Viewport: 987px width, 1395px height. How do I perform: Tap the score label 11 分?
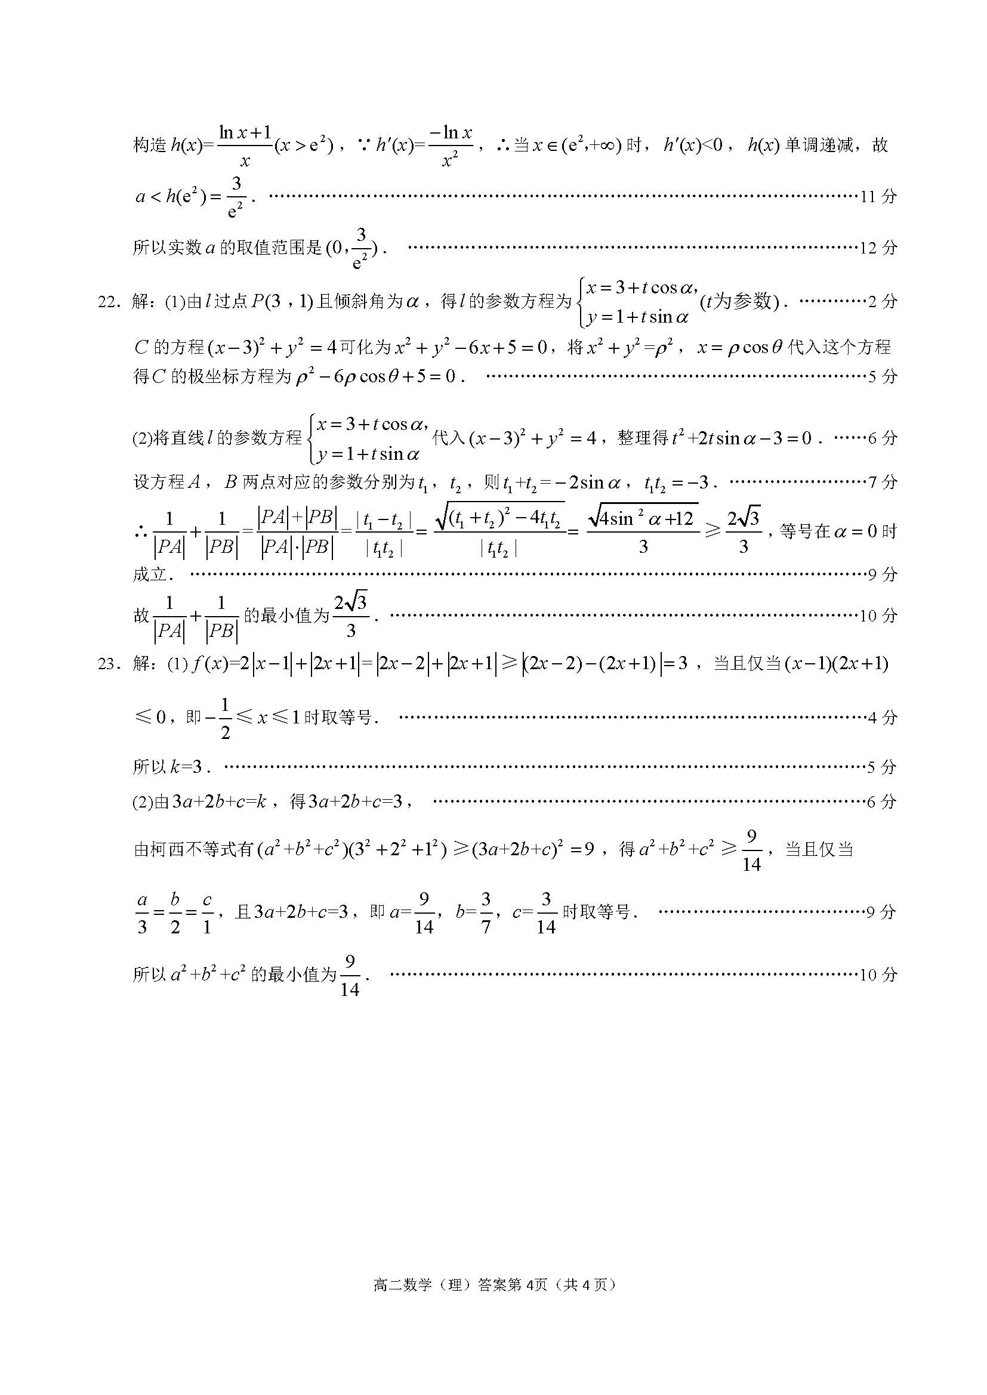tap(878, 196)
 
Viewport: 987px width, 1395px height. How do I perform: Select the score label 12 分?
tap(878, 248)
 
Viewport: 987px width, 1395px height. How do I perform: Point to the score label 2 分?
tap(882, 301)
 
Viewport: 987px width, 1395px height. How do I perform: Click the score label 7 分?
tap(883, 482)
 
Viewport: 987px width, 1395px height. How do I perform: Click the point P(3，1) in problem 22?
tap(281, 301)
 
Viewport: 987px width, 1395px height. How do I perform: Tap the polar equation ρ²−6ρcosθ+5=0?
tap(375, 377)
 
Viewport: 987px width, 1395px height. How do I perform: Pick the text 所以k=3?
tap(171, 767)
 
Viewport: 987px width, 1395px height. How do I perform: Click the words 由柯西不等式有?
tap(193, 849)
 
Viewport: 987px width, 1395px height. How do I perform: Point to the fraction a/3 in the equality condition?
tap(142, 913)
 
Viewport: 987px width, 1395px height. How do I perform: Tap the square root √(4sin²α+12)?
tap(643, 518)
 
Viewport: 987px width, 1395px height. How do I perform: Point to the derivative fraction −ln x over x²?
tap(450, 146)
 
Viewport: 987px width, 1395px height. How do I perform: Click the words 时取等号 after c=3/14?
tap(596, 913)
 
